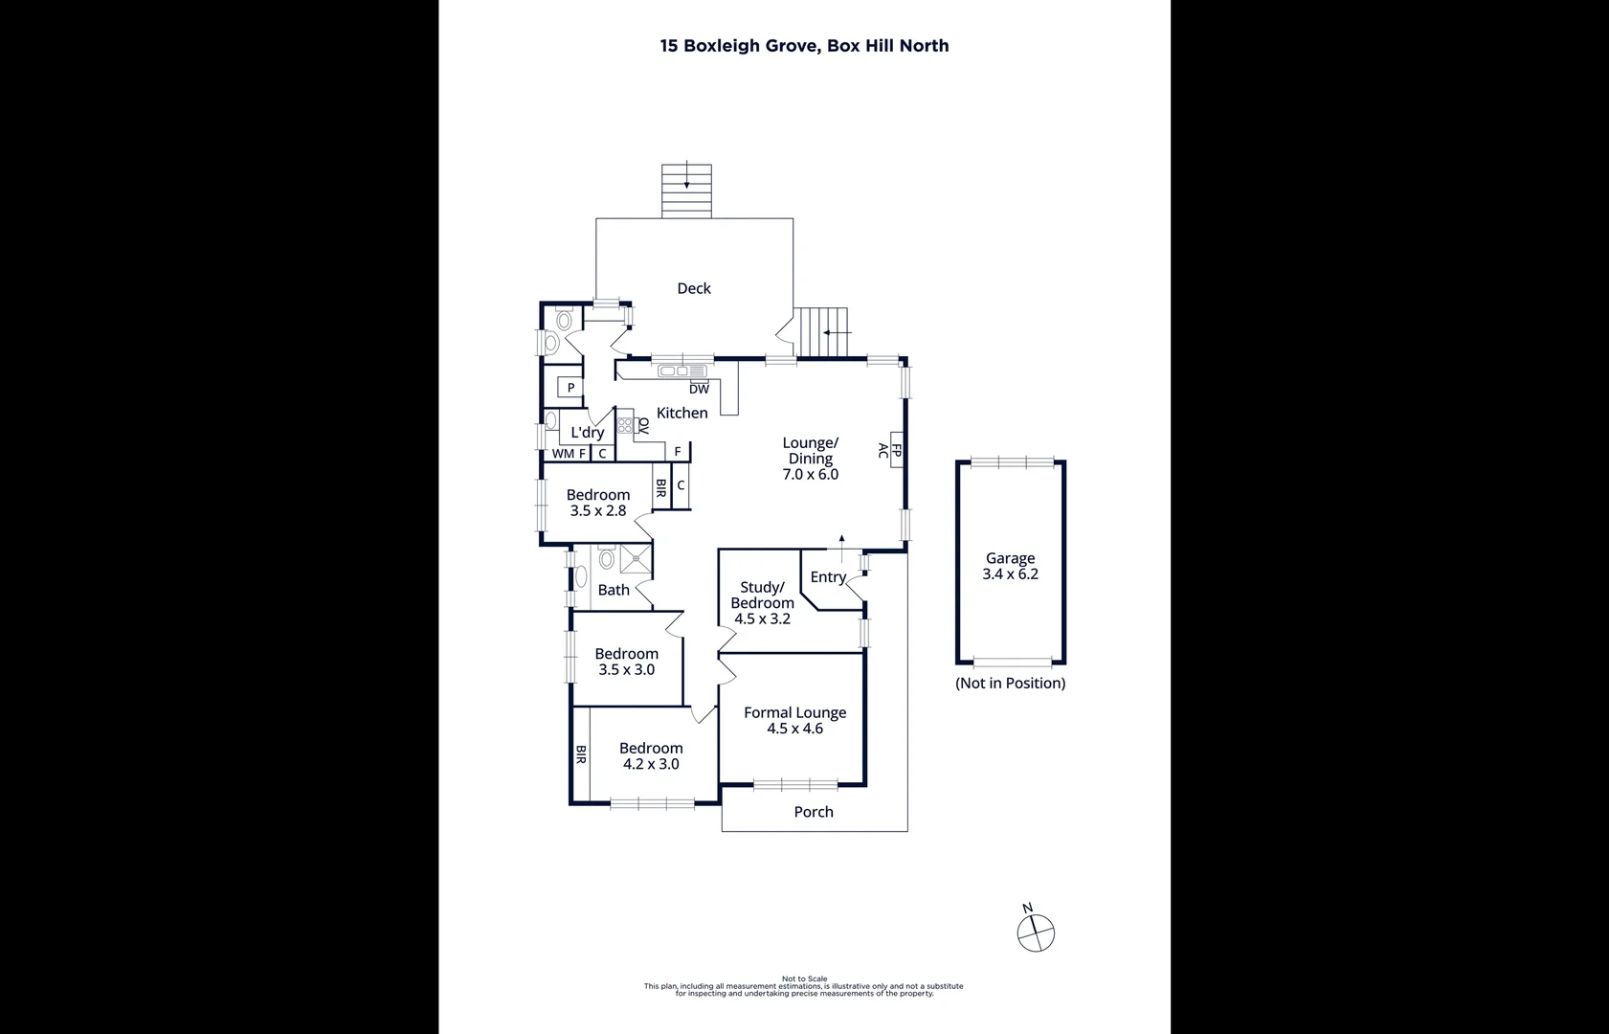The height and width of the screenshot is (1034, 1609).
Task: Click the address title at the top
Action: pos(804,46)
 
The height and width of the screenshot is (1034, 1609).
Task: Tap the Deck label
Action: pos(694,288)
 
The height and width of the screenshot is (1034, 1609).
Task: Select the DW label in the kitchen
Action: pos(699,389)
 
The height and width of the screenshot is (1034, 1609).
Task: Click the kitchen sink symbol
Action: pos(682,371)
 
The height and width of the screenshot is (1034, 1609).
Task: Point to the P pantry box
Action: pos(570,388)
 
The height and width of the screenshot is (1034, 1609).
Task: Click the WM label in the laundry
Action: pos(563,454)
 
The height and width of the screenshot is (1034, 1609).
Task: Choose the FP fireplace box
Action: pos(896,450)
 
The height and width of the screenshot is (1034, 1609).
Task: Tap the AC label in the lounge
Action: pos(883,450)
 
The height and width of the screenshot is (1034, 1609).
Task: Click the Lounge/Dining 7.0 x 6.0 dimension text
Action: pos(810,474)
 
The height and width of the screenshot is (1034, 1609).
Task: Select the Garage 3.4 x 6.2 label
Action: pos(1010,566)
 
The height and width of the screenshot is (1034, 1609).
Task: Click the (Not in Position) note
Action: pos(1010,683)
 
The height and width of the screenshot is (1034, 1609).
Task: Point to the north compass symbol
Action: pos(1035,932)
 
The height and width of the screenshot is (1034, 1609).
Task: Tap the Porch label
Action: pos(814,812)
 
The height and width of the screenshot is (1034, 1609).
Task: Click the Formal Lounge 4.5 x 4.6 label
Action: pos(794,720)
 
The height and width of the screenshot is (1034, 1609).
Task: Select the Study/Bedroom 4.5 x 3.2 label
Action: pos(762,603)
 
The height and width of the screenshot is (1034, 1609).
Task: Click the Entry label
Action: pos(828,576)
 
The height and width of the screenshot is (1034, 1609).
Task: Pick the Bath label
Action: pos(614,590)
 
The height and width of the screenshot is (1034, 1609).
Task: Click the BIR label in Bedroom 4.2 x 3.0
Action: pos(580,755)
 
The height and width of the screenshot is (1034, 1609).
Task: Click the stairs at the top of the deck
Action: pos(686,191)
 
